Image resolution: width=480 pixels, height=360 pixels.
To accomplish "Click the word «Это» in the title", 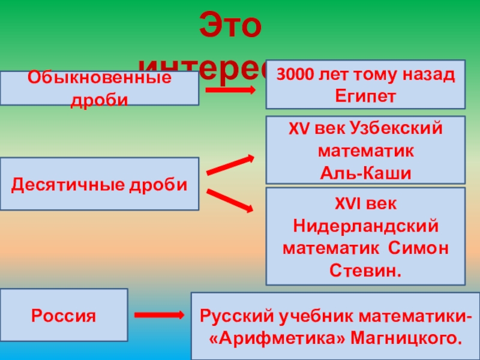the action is pyautogui.click(x=230, y=26).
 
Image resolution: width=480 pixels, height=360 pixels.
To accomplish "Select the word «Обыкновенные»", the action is pyautogui.click(x=99, y=78).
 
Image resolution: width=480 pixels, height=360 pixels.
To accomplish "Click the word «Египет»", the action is pyautogui.click(x=365, y=95).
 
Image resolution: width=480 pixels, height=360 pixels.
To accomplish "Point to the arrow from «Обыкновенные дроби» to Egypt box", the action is pyautogui.click(x=232, y=90).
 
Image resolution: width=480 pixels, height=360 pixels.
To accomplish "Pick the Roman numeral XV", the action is pyautogui.click(x=297, y=128).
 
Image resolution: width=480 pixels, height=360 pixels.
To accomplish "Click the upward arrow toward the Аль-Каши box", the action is pyautogui.click(x=230, y=164).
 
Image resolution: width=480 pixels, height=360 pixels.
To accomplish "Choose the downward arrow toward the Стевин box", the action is pyautogui.click(x=230, y=200).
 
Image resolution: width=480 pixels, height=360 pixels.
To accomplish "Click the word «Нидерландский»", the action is pyautogui.click(x=365, y=226).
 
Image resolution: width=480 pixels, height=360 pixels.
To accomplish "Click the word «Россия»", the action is pyautogui.click(x=64, y=315).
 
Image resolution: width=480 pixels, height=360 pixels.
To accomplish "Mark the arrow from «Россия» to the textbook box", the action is pyautogui.click(x=158, y=315).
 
